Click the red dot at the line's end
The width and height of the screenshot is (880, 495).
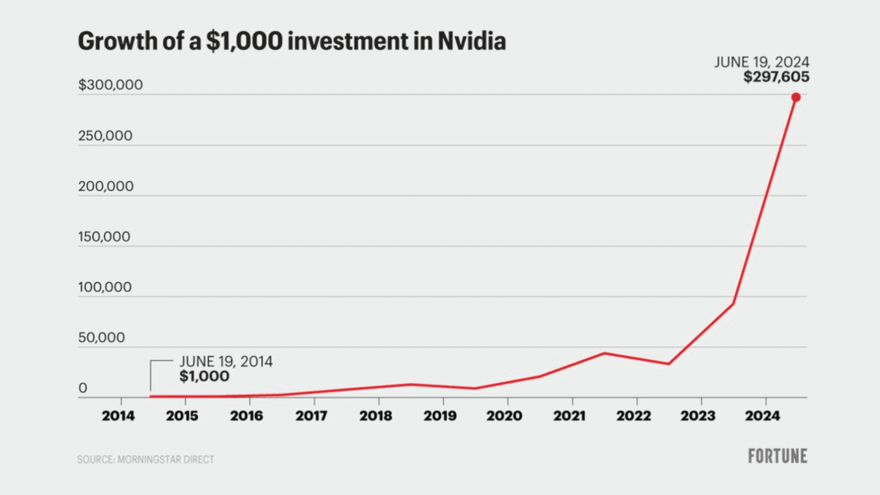pos(796,97)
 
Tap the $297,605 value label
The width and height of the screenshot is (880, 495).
pos(776,77)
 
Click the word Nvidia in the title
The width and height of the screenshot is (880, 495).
pos(472,41)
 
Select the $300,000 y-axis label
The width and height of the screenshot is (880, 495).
pos(111,85)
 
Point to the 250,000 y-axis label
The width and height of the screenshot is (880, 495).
pos(105,136)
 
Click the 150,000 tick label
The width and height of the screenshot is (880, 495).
pos(104,237)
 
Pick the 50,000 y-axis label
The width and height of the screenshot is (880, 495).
pos(101,337)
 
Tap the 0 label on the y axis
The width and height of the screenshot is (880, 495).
pos(83,388)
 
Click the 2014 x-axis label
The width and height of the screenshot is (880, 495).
pos(118,416)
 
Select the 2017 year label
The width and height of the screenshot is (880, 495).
pos(311,416)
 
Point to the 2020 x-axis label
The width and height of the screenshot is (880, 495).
pos(504,416)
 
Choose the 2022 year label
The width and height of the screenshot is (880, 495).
pos(634,416)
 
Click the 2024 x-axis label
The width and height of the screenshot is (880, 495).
pos(762,416)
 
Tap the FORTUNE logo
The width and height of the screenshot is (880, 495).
pos(777,456)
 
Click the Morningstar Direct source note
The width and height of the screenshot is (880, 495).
pos(146,459)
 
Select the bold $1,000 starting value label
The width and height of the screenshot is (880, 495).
pos(204,376)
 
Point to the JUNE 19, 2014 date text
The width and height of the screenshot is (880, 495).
pos(226,362)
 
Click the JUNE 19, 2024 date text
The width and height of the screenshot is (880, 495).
pos(761,62)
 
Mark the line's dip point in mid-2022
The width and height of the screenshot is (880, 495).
pos(669,364)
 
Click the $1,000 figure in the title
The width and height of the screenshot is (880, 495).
pos(244,41)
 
